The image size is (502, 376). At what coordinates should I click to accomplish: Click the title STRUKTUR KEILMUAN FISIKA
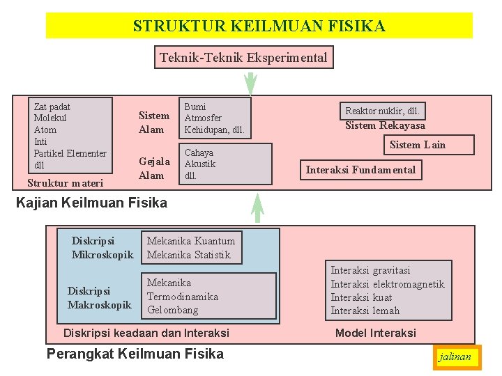point(259,26)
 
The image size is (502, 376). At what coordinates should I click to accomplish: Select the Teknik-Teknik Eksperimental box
point(243,57)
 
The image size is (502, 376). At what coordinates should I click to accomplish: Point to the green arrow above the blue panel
point(257,208)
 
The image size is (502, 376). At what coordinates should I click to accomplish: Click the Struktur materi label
point(65,183)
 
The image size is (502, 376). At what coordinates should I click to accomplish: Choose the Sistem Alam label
point(153,123)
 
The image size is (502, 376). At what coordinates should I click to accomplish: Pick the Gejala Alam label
point(153,169)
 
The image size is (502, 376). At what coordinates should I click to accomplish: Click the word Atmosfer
point(203,118)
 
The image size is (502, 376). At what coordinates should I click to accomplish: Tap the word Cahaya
point(199,152)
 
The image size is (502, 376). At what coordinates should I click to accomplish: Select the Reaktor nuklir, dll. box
point(382,111)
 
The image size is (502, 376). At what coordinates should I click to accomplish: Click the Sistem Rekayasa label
point(385,126)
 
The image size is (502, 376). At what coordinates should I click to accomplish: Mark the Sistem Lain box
point(417,145)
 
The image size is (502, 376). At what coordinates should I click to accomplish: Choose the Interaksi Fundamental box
point(360,170)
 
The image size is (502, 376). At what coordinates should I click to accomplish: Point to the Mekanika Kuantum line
point(191,241)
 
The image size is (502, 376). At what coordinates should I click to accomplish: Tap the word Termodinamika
point(182,297)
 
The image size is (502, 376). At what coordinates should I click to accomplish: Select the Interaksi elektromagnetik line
point(387,284)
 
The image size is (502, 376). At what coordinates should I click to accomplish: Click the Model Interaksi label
point(375,333)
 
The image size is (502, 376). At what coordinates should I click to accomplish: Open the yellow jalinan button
point(455,357)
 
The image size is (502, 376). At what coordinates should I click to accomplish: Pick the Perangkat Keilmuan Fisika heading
point(135,354)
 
